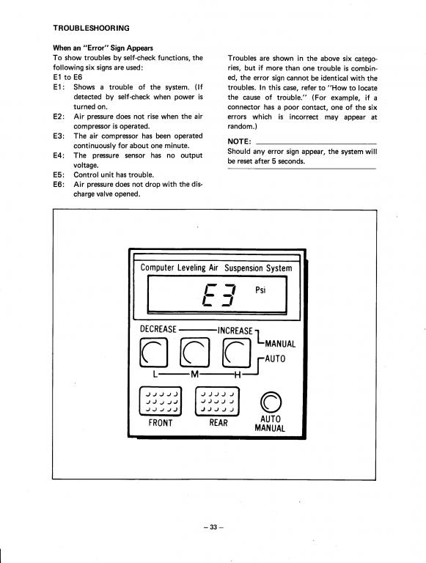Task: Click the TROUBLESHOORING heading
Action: [x=91, y=28]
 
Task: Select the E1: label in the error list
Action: [x=59, y=87]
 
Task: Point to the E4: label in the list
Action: [x=59, y=155]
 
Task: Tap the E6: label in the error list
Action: [x=59, y=185]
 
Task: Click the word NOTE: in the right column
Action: [x=239, y=141]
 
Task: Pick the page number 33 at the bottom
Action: [x=213, y=527]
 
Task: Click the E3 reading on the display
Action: [x=219, y=295]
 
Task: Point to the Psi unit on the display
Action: [x=260, y=290]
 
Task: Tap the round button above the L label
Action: [x=153, y=353]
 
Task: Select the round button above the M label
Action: [x=195, y=352]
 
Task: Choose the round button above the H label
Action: [x=236, y=353]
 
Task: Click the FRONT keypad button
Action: [x=160, y=401]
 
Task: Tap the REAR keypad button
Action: [x=217, y=401]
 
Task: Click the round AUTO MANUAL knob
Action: [x=271, y=402]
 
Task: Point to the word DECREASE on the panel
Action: [x=158, y=329]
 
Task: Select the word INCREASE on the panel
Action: [x=235, y=331]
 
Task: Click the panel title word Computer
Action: [x=158, y=268]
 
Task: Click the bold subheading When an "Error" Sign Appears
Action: [x=103, y=48]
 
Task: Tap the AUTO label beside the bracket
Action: [x=275, y=358]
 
